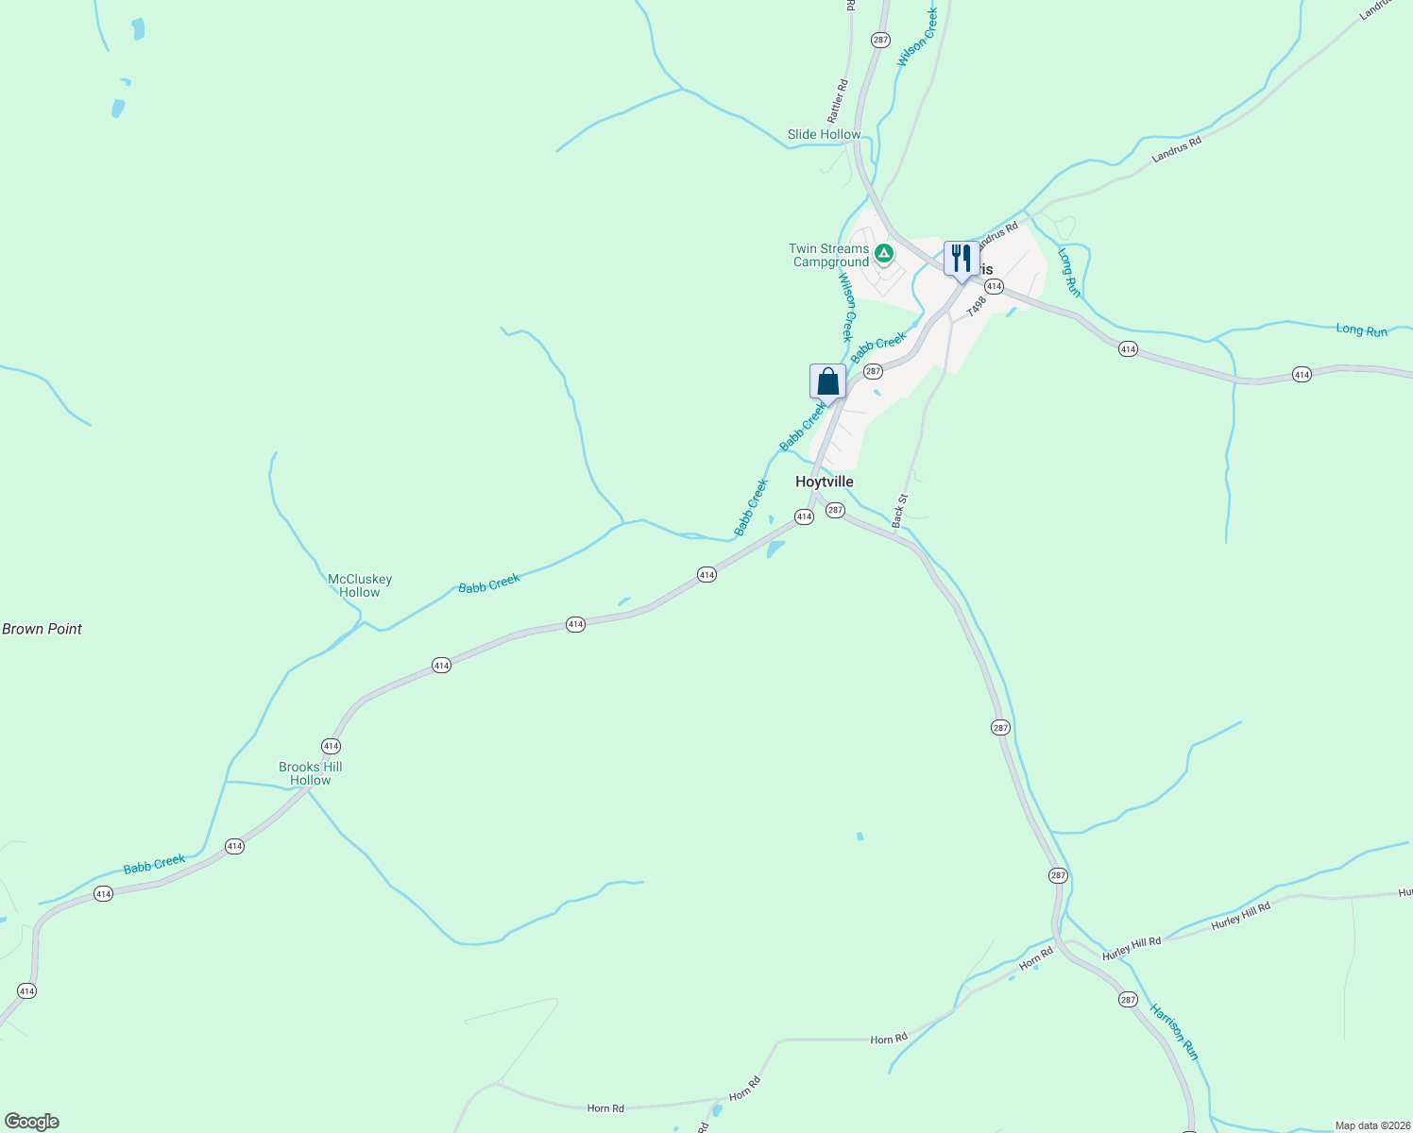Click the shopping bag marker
[827, 381]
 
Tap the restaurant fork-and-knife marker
[961, 258]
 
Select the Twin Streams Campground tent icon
[883, 253]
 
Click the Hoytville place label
[824, 482]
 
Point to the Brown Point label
[43, 629]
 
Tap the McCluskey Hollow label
[360, 585]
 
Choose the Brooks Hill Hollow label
[311, 773]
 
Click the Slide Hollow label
[824, 135]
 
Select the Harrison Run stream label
[1174, 1031]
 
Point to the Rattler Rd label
[838, 101]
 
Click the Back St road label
[899, 510]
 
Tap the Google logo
[32, 1122]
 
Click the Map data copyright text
[1370, 1125]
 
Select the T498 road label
[976, 305]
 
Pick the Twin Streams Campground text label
[829, 256]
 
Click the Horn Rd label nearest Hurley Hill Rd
[1035, 959]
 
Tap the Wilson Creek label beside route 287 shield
[916, 38]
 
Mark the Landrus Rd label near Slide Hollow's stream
[1176, 149]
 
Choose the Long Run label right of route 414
[1361, 330]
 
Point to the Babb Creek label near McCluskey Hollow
[489, 583]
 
